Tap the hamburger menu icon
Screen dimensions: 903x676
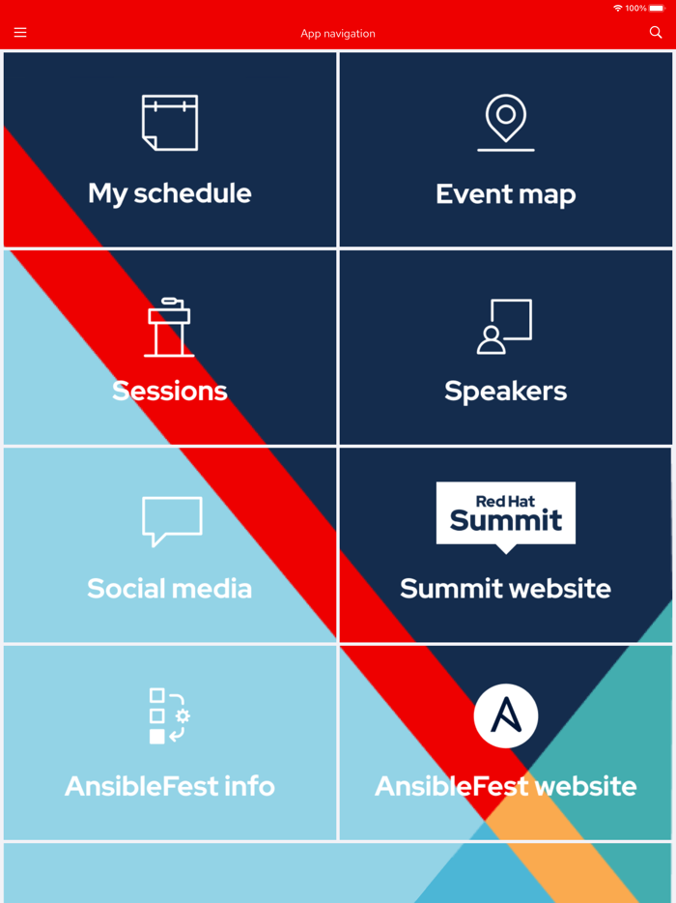pyautogui.click(x=20, y=33)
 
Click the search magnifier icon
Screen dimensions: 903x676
pyautogui.click(x=656, y=33)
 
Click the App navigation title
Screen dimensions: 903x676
pyautogui.click(x=338, y=34)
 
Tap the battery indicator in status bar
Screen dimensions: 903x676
pyautogui.click(x=657, y=8)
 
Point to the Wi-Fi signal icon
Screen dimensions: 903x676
pyautogui.click(x=618, y=8)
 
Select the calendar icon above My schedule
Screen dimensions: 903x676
pyautogui.click(x=170, y=123)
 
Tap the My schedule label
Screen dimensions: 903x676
pyautogui.click(x=170, y=193)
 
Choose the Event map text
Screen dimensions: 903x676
pyautogui.click(x=506, y=194)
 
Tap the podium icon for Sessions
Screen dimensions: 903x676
pyautogui.click(x=170, y=328)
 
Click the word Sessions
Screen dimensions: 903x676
pyautogui.click(x=170, y=392)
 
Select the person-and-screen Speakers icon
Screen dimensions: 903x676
pyautogui.click(x=505, y=326)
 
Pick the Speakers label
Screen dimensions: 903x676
pyautogui.click(x=506, y=392)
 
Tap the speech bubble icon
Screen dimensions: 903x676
pyautogui.click(x=172, y=521)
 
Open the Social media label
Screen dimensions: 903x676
pyautogui.click(x=170, y=589)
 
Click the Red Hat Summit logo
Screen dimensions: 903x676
pyautogui.click(x=506, y=515)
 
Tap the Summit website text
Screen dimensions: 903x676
pyautogui.click(x=506, y=589)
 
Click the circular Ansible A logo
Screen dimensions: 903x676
pyautogui.click(x=506, y=715)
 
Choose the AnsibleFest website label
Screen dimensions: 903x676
pyautogui.click(x=506, y=786)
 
